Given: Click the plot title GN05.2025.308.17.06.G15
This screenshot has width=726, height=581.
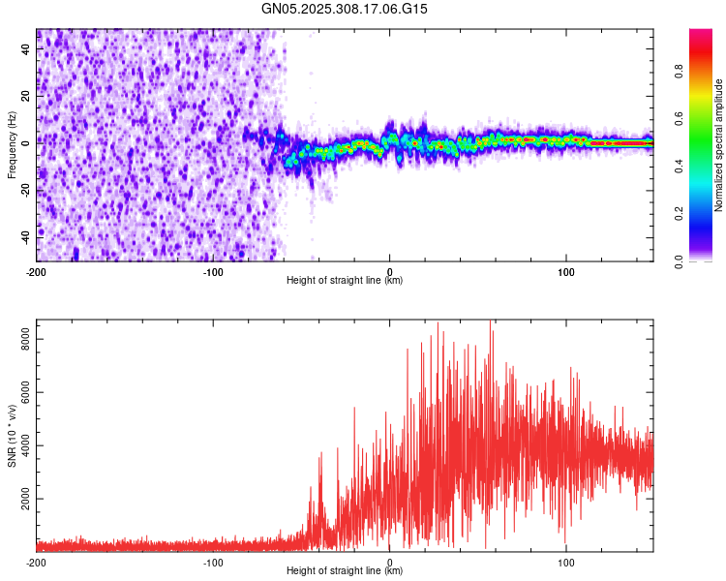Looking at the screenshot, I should tap(345, 9).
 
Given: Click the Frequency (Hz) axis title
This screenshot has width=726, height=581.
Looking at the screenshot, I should tap(12, 144).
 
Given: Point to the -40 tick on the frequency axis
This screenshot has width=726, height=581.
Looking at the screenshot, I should tap(24, 235).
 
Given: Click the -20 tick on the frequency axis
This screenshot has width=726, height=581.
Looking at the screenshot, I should tap(24, 189).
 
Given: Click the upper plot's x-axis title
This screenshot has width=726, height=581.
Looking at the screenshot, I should tap(345, 281).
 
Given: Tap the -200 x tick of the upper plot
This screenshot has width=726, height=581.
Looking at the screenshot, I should tap(37, 270).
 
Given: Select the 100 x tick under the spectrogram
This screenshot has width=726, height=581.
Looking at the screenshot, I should tap(565, 270).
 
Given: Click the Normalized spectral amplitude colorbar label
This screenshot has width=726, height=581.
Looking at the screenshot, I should tap(719, 145).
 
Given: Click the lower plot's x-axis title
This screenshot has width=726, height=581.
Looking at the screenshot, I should tap(345, 571).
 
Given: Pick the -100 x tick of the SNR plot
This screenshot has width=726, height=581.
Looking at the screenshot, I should tap(213, 562).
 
